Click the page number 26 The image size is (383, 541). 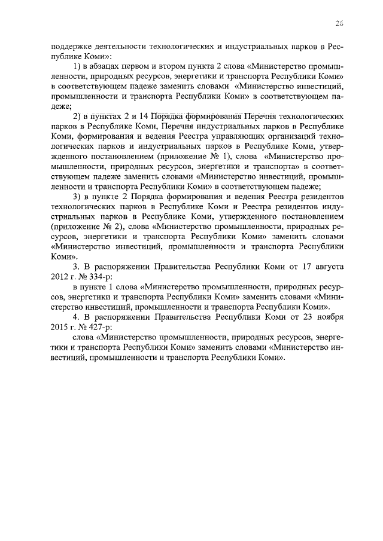coord(339,23)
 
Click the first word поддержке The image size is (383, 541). coord(71,46)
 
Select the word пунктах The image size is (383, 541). coord(102,115)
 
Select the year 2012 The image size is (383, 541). coord(60,277)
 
